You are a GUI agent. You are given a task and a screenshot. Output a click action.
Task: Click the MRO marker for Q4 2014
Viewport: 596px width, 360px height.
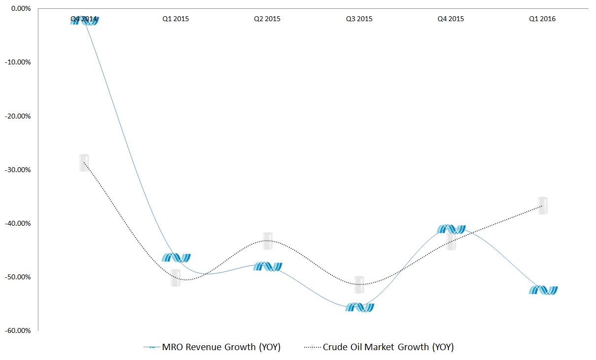tap(85, 21)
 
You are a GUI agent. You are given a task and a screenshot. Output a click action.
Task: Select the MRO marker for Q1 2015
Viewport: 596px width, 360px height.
tap(176, 257)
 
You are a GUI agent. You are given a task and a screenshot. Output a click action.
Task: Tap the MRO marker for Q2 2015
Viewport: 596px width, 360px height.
tap(267, 267)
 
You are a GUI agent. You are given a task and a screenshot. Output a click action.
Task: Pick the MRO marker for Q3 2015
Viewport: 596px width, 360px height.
tap(359, 307)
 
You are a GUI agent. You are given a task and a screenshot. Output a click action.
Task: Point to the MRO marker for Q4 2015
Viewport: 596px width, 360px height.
tap(451, 229)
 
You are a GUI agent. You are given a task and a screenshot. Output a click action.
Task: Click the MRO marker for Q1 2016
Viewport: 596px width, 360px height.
tap(543, 290)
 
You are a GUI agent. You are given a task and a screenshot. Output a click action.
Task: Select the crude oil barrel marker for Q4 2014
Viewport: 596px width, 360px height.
tap(84, 162)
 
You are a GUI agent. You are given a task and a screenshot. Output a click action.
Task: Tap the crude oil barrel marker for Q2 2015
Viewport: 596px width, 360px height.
tap(267, 241)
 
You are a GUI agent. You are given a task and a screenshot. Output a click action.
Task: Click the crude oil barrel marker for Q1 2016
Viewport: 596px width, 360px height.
tap(542, 206)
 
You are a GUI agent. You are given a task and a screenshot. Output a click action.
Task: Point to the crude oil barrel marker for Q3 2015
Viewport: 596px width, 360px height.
tap(359, 285)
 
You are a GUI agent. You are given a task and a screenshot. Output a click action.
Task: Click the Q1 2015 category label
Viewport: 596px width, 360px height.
tap(176, 19)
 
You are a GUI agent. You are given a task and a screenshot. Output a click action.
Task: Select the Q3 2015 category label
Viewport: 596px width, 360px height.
tap(359, 19)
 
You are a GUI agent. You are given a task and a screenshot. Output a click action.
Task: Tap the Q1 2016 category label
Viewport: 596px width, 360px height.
tap(542, 19)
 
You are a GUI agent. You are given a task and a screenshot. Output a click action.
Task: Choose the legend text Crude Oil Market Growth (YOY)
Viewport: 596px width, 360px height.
tap(388, 347)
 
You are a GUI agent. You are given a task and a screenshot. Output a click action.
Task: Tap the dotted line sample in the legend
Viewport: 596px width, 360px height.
tap(313, 347)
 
